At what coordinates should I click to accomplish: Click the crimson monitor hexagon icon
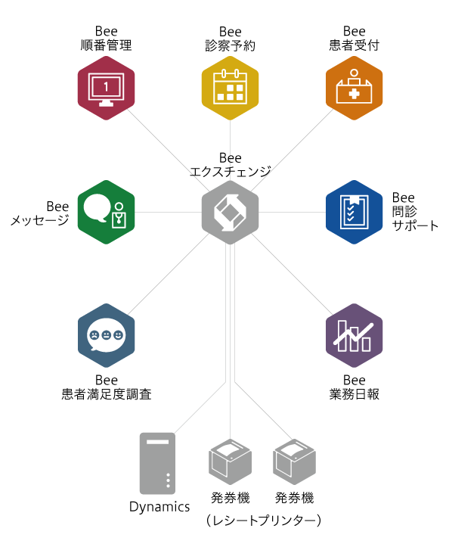(106, 88)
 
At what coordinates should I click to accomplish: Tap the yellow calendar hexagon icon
(231, 88)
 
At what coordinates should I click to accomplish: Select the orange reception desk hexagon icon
(354, 88)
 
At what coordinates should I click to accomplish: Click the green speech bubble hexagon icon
(106, 212)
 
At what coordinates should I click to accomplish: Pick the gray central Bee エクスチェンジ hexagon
(231, 212)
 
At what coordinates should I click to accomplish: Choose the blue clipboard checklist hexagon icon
(354, 212)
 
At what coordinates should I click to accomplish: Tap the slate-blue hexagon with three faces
(106, 335)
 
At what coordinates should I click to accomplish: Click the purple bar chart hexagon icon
(354, 335)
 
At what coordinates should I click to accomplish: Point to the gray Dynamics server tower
(157, 463)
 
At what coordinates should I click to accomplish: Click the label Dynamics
(159, 507)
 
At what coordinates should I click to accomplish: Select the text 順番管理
(106, 45)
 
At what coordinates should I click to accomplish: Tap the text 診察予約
(231, 45)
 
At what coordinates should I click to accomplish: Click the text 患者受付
(354, 45)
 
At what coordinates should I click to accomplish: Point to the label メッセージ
(39, 220)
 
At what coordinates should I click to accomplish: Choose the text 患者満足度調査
(107, 394)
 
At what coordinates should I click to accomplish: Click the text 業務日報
(354, 394)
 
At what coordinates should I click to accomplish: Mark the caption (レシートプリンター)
(264, 521)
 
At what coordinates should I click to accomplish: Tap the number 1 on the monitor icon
(106, 87)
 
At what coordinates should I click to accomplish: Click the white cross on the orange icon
(354, 93)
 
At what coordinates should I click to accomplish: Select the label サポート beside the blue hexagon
(416, 225)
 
